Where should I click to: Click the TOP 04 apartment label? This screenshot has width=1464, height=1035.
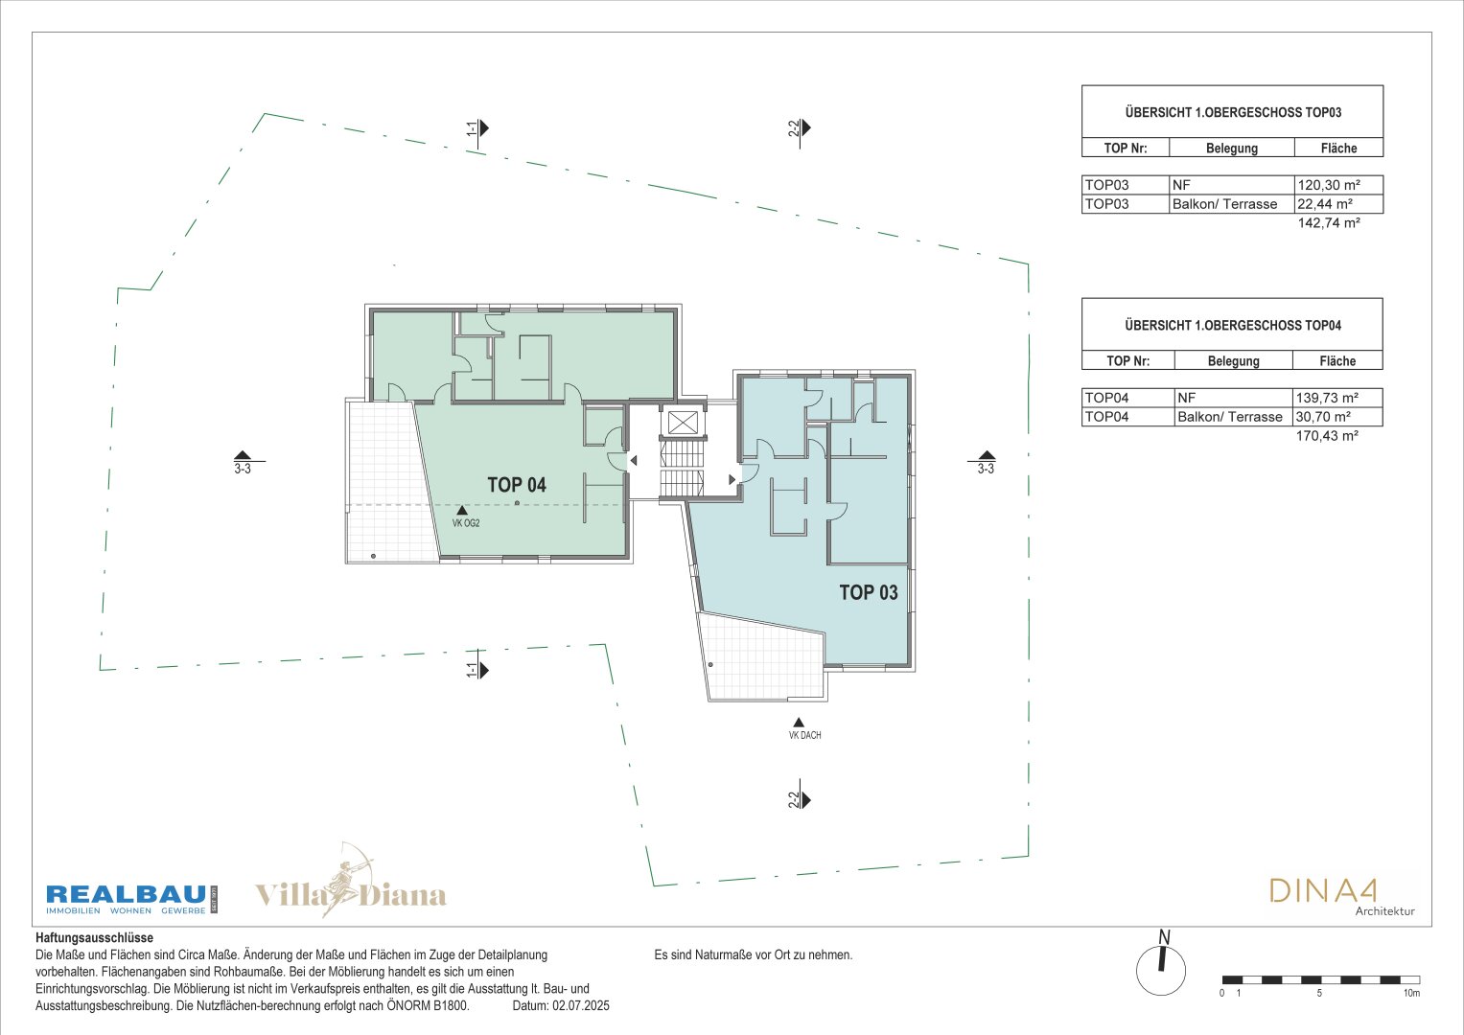pyautogui.click(x=517, y=485)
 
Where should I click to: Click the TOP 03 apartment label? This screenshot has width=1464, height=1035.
pyautogui.click(x=869, y=592)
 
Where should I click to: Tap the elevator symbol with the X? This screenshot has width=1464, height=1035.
pyautogui.click(x=683, y=422)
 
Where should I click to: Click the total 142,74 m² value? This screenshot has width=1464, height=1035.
pyautogui.click(x=1329, y=222)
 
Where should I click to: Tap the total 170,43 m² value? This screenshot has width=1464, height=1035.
pyautogui.click(x=1328, y=436)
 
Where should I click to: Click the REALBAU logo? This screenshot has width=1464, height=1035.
pyautogui.click(x=131, y=899)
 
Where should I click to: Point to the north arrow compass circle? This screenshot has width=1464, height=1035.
pyautogui.click(x=1161, y=971)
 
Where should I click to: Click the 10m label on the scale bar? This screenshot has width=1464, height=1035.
pyautogui.click(x=1411, y=993)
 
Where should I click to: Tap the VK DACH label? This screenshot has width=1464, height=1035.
pyautogui.click(x=804, y=735)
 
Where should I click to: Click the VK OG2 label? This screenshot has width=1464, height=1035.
pyautogui.click(x=466, y=523)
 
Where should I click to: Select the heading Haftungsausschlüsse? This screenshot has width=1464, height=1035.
pyautogui.click(x=94, y=937)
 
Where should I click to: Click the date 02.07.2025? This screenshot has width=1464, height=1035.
pyautogui.click(x=580, y=1005)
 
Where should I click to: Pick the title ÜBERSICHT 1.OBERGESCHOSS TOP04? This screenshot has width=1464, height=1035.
pyautogui.click(x=1233, y=326)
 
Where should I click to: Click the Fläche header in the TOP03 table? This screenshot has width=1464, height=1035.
pyautogui.click(x=1338, y=149)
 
